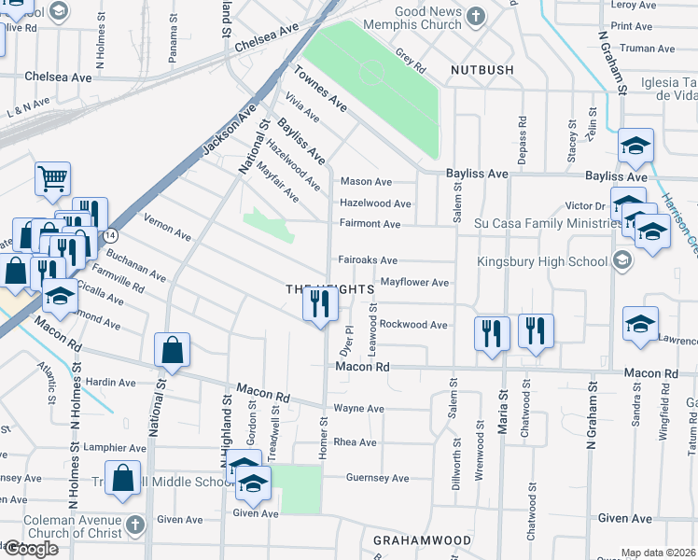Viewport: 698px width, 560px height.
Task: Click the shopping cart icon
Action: pyautogui.click(x=53, y=178)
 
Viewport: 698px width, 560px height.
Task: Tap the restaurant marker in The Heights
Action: pyautogui.click(x=320, y=304)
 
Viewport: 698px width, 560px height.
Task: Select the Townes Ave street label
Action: pyautogui.click(x=319, y=90)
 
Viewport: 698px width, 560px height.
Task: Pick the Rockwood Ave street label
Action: pyautogui.click(x=414, y=325)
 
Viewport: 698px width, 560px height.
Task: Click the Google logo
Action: pyautogui.click(x=31, y=549)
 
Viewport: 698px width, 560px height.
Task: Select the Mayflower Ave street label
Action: pyautogui.click(x=414, y=282)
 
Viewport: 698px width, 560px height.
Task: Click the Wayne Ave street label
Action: pyautogui.click(x=358, y=409)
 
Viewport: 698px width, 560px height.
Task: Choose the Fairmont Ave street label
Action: pyautogui.click(x=370, y=224)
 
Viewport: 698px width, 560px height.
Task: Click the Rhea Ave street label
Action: pyautogui.click(x=355, y=442)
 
